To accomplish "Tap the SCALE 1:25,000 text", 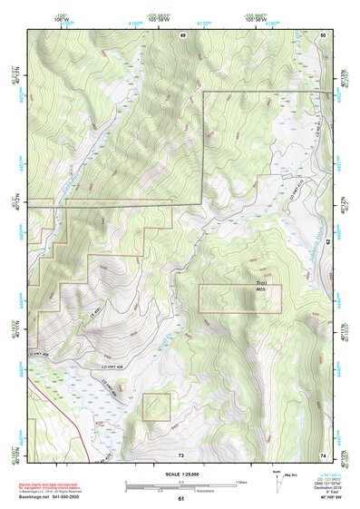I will point(180,475).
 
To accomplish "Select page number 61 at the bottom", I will point(180,499).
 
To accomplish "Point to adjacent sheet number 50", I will point(324,34).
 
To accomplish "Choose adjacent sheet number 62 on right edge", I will point(328,242).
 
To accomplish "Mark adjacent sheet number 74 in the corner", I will point(324,454).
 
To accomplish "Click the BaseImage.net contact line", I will point(56,496).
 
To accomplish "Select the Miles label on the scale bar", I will point(240,481).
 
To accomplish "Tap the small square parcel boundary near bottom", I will point(156,406).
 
